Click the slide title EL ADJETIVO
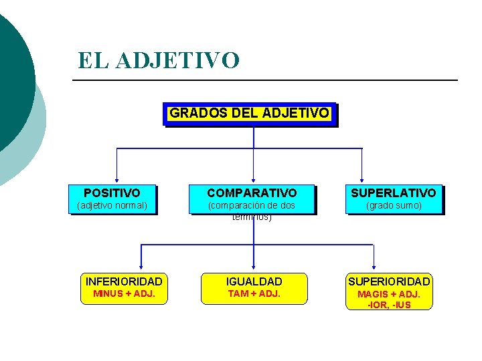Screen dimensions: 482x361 [158, 60]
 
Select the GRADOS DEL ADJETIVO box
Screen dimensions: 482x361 [249, 113]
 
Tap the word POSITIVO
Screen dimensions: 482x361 [112, 193]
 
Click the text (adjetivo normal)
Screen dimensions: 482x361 [112, 205]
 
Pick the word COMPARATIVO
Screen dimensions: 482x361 [252, 193]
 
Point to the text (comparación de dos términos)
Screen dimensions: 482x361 [252, 211]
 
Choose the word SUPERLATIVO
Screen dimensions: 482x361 [394, 193]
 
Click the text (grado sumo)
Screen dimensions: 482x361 [394, 205]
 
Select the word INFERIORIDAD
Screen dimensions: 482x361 [124, 281]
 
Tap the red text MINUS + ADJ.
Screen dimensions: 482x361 [124, 293]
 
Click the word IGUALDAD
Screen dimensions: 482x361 [254, 281]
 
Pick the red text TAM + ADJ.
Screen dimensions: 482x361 [254, 293]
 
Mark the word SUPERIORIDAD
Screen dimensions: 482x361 [389, 281]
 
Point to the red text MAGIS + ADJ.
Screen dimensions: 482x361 [389, 294]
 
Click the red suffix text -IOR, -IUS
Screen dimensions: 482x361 [389, 305]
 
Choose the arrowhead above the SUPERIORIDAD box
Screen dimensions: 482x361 [373, 267]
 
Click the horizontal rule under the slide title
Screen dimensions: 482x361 [264, 81]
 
